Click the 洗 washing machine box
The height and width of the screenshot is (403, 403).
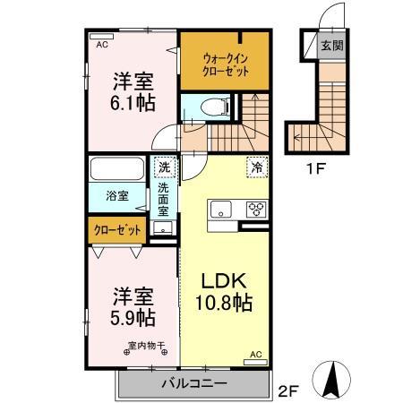164,167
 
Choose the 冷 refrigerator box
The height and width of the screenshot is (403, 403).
256,167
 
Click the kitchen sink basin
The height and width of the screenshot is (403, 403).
219,210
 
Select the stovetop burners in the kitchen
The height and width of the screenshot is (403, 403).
255,210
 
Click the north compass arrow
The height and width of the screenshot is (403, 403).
335,377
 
